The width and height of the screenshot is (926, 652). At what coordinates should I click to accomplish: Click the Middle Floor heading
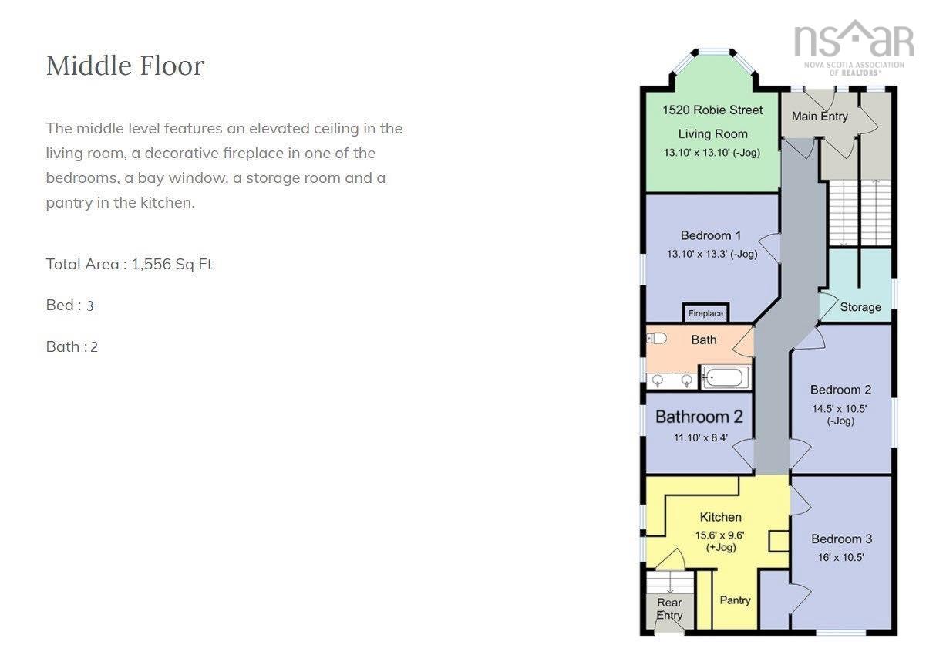pos(125,66)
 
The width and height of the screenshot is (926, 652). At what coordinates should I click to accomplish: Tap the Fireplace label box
pos(705,313)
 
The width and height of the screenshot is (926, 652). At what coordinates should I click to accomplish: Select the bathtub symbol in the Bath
pos(726,378)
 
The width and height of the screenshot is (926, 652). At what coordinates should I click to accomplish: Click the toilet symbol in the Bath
pos(656,339)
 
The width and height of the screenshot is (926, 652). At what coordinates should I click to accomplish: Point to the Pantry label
pos(735,600)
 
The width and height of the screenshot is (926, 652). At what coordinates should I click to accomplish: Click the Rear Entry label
pos(669,609)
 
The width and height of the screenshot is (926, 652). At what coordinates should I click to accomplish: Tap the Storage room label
pos(860,307)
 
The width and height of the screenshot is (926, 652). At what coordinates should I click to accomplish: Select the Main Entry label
pos(820,117)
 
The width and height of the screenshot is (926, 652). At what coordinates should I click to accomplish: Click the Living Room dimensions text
pos(712,153)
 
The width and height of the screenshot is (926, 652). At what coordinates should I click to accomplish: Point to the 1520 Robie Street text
pos(712,110)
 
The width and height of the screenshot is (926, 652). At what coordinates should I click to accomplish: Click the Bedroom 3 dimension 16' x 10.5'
pos(841,557)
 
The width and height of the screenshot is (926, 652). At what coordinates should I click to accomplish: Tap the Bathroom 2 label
pos(699,417)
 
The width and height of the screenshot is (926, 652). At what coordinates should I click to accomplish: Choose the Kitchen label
pos(721,517)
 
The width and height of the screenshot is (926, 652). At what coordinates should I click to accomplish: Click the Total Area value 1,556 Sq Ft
pos(172,264)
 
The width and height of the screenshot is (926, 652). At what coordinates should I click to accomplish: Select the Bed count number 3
pos(89,306)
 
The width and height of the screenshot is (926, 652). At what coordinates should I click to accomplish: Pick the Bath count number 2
pos(94,346)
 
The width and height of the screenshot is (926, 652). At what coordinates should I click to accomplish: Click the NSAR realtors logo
pos(854,48)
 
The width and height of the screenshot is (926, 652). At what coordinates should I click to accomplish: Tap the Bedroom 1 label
pos(711,235)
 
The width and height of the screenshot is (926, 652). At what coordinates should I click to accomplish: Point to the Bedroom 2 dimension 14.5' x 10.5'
pos(839,409)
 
